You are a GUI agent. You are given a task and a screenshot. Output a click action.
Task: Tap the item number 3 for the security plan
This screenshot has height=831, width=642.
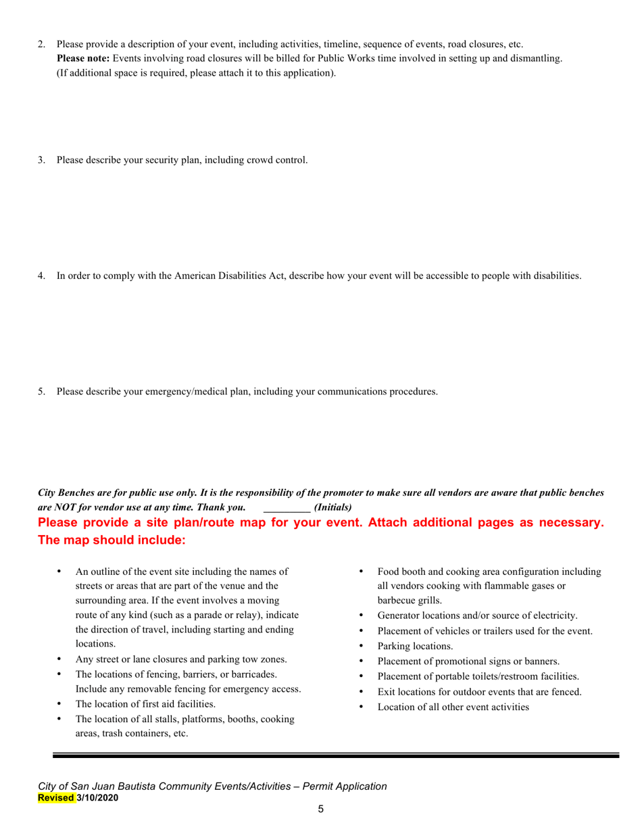(x=41, y=160)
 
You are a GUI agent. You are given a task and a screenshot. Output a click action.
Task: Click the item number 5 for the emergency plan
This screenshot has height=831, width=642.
(x=41, y=391)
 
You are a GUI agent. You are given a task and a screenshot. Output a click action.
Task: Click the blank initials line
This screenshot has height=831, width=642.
(x=286, y=507)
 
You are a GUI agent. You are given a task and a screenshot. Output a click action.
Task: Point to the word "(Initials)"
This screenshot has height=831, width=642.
(x=333, y=507)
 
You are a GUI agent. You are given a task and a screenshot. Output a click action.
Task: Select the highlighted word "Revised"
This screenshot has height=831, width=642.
(x=56, y=798)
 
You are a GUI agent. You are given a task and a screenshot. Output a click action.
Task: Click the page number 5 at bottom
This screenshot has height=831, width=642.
(x=321, y=809)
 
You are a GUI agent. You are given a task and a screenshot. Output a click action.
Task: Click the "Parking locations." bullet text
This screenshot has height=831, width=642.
(x=415, y=646)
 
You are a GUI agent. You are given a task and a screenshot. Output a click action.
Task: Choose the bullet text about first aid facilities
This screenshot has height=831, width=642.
(x=145, y=704)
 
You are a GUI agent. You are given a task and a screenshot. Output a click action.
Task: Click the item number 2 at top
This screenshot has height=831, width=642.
(x=41, y=45)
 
